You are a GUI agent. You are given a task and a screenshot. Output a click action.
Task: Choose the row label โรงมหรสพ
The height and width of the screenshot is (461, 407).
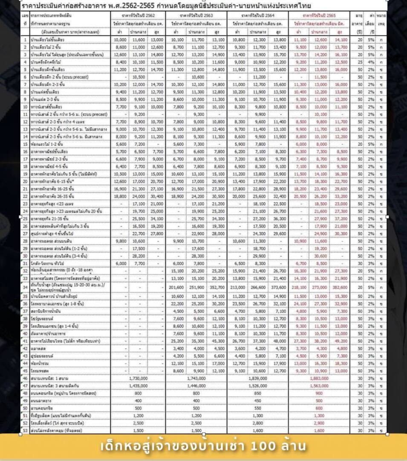click(41, 371)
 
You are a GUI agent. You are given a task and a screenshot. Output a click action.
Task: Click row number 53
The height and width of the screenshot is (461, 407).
click(25, 430)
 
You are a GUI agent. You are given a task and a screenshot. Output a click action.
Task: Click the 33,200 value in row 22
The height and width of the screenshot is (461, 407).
click(339, 196)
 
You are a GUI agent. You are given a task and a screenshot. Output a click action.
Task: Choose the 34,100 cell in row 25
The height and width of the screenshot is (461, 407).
click(156, 218)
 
